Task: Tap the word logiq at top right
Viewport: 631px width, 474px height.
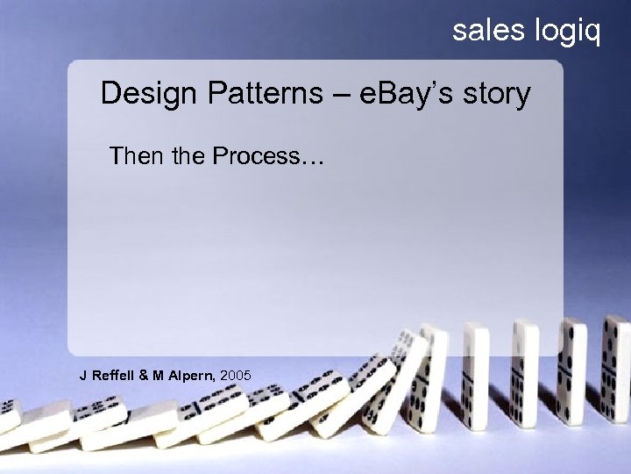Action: point(567,32)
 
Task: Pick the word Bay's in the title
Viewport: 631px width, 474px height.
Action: point(415,94)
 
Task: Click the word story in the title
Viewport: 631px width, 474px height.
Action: point(497,94)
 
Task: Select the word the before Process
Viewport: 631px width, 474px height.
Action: point(183,156)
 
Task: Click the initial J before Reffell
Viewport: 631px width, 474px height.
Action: point(83,376)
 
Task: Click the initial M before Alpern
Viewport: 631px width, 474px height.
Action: point(159,376)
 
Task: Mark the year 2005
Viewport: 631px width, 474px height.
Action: point(237,376)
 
